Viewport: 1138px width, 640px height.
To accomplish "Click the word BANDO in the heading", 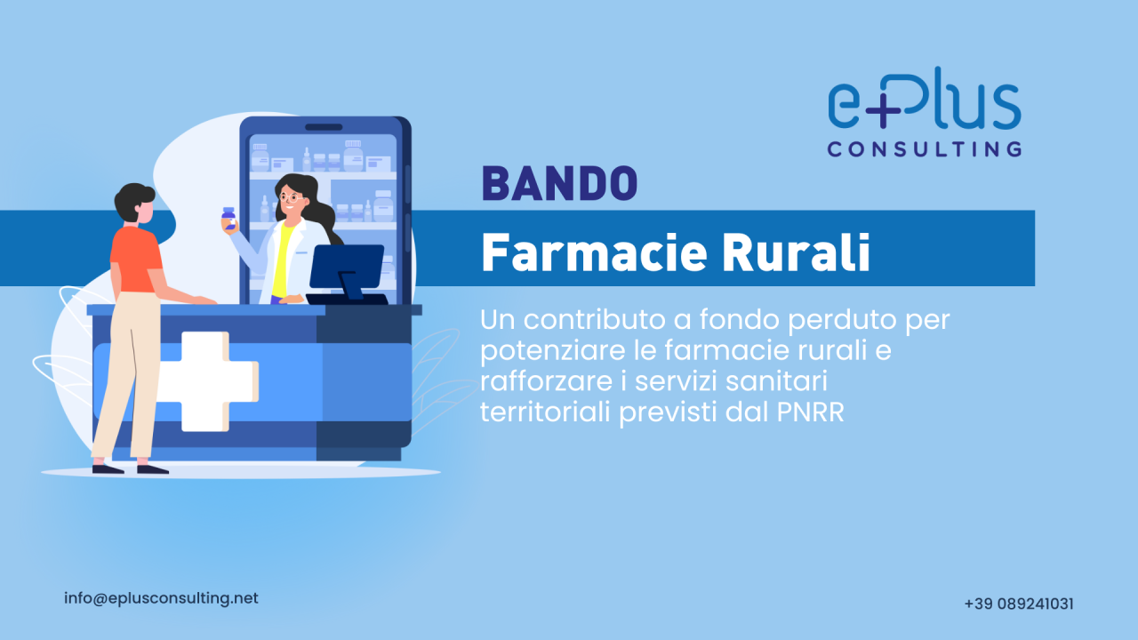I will coord(559,184).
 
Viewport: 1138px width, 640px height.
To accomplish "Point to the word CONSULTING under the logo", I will coord(924,148).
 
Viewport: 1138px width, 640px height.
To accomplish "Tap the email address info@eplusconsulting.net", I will coord(161,598).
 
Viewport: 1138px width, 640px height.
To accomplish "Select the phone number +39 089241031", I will coord(1018,604).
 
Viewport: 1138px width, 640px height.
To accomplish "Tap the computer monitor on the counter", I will coord(346,267).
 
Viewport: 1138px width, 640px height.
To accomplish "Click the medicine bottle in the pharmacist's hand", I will coord(228,219).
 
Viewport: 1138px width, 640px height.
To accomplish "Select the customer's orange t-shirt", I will coord(135,258).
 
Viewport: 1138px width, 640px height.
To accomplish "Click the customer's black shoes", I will coord(130,468).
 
